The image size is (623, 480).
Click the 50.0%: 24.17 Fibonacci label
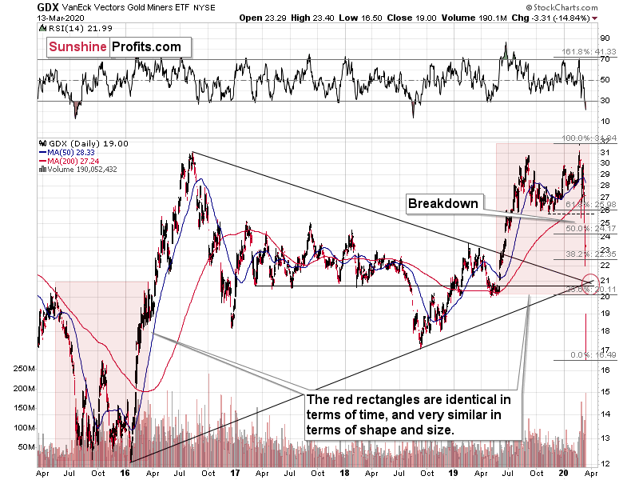[569, 229]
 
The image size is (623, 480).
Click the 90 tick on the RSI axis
[605, 37]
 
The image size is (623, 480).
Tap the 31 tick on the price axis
[605, 152]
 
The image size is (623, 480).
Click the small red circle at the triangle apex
[591, 282]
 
